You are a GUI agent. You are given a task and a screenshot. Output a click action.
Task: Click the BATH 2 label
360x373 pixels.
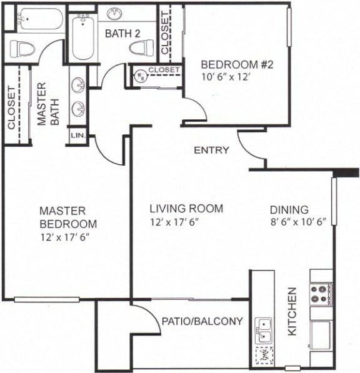pos(122,33)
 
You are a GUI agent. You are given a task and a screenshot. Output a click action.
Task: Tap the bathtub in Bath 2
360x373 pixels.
pos(81,37)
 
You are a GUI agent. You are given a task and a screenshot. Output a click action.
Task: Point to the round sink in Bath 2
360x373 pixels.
pos(115,13)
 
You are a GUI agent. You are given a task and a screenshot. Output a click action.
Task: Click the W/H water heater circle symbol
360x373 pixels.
pos(141,77)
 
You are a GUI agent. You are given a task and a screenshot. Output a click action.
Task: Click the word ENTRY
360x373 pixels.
pos(211,151)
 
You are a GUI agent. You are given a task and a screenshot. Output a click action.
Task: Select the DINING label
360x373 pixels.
pos(289,210)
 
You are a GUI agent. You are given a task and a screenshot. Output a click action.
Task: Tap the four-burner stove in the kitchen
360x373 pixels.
pos(321,294)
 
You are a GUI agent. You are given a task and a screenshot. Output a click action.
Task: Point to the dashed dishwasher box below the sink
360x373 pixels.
pos(264,356)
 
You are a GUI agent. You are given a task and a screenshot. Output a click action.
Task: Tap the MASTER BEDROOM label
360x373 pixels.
pos(68,217)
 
